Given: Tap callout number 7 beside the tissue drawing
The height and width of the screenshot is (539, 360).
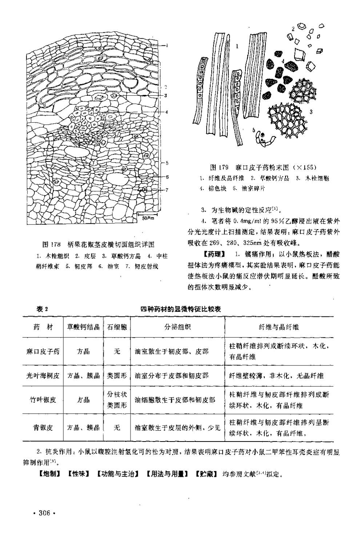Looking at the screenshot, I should click(x=167, y=189).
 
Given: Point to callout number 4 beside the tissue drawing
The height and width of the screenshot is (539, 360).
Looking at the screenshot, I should click(x=166, y=112).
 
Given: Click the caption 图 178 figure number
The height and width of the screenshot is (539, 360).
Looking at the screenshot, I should click(x=51, y=244).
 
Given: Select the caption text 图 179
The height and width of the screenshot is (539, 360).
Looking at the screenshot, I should click(x=219, y=168).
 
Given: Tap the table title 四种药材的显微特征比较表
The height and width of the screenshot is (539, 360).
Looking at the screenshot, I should click(x=181, y=309).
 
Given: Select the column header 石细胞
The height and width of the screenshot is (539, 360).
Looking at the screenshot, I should click(x=117, y=327).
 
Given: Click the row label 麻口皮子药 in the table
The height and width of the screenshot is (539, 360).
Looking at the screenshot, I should click(x=43, y=352).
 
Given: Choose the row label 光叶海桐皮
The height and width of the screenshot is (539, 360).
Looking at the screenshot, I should click(x=43, y=376).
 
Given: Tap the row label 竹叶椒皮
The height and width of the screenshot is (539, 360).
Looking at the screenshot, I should click(x=43, y=400).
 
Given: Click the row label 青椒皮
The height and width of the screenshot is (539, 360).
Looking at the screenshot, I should click(x=43, y=428).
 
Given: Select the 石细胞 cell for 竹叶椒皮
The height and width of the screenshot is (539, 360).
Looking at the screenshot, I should click(x=117, y=400).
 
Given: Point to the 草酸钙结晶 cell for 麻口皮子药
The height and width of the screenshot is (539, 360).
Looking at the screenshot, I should click(x=83, y=352).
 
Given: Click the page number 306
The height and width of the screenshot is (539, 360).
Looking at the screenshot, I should click(x=43, y=513).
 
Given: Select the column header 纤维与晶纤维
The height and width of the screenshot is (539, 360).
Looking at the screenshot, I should click(x=279, y=327).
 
